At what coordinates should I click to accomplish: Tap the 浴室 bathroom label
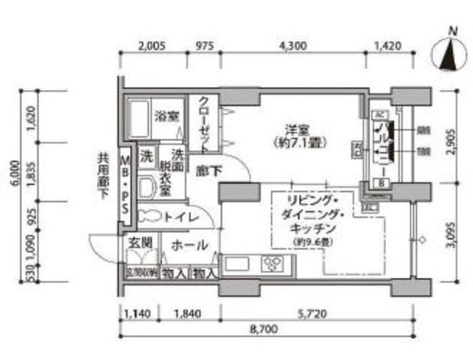pyautogui.click(x=165, y=116)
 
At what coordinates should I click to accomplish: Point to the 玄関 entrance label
pyautogui.click(x=139, y=244)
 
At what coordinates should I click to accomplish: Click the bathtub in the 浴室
pyautogui.click(x=138, y=116)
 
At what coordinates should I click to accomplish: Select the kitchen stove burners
pyautogui.click(x=273, y=265)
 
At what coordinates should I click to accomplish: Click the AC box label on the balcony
pyautogui.click(x=379, y=115)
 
